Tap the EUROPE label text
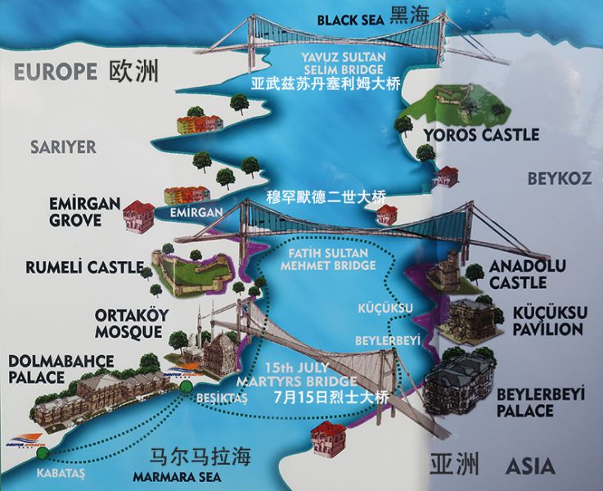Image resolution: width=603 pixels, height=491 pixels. (56, 72)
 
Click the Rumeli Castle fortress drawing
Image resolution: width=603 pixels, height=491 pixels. (190, 271)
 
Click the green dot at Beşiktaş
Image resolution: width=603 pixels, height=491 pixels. (187, 386)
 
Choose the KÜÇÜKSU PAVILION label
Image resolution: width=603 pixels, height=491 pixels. (547, 321)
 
